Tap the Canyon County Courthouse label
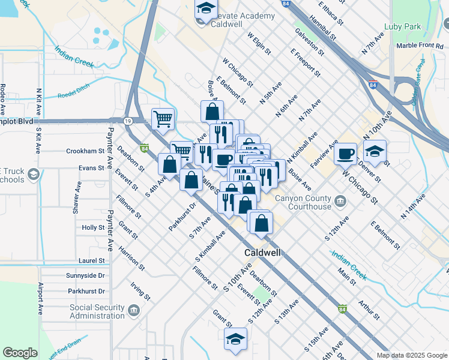(303, 203)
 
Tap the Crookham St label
(85, 151)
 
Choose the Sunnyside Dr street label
(86, 275)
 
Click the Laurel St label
(91, 260)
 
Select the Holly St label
(93, 228)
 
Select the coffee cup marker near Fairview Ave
(345, 154)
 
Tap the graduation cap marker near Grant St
(236, 339)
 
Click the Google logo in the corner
(20, 353)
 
